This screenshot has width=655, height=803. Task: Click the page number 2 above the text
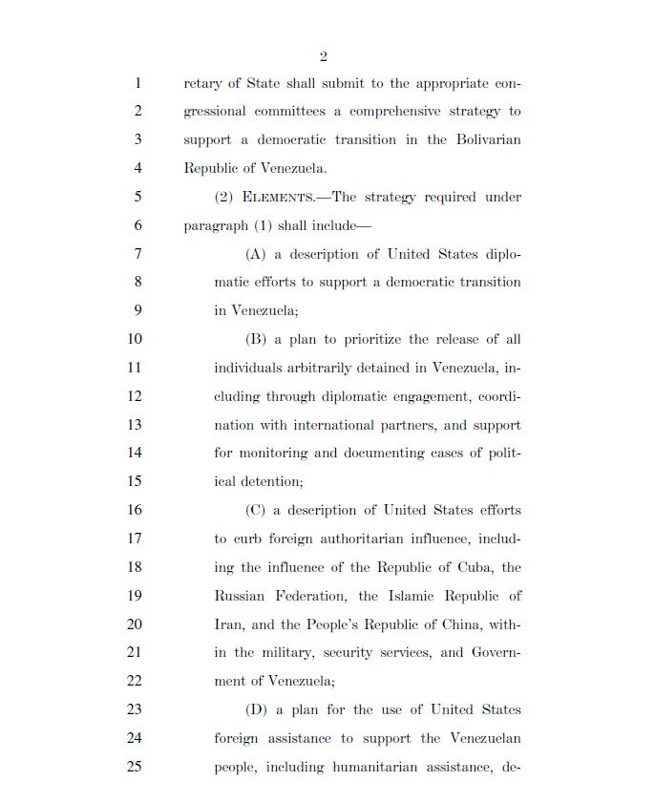click(324, 56)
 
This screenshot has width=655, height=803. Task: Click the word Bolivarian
click(486, 139)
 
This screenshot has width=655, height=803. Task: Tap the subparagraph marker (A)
click(255, 254)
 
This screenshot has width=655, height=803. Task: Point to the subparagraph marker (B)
click(255, 340)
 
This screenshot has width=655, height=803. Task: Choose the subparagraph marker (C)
click(255, 511)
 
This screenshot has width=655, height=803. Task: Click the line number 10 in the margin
click(134, 340)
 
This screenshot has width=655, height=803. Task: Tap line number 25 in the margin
click(134, 767)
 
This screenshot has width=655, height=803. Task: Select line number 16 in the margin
click(134, 511)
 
